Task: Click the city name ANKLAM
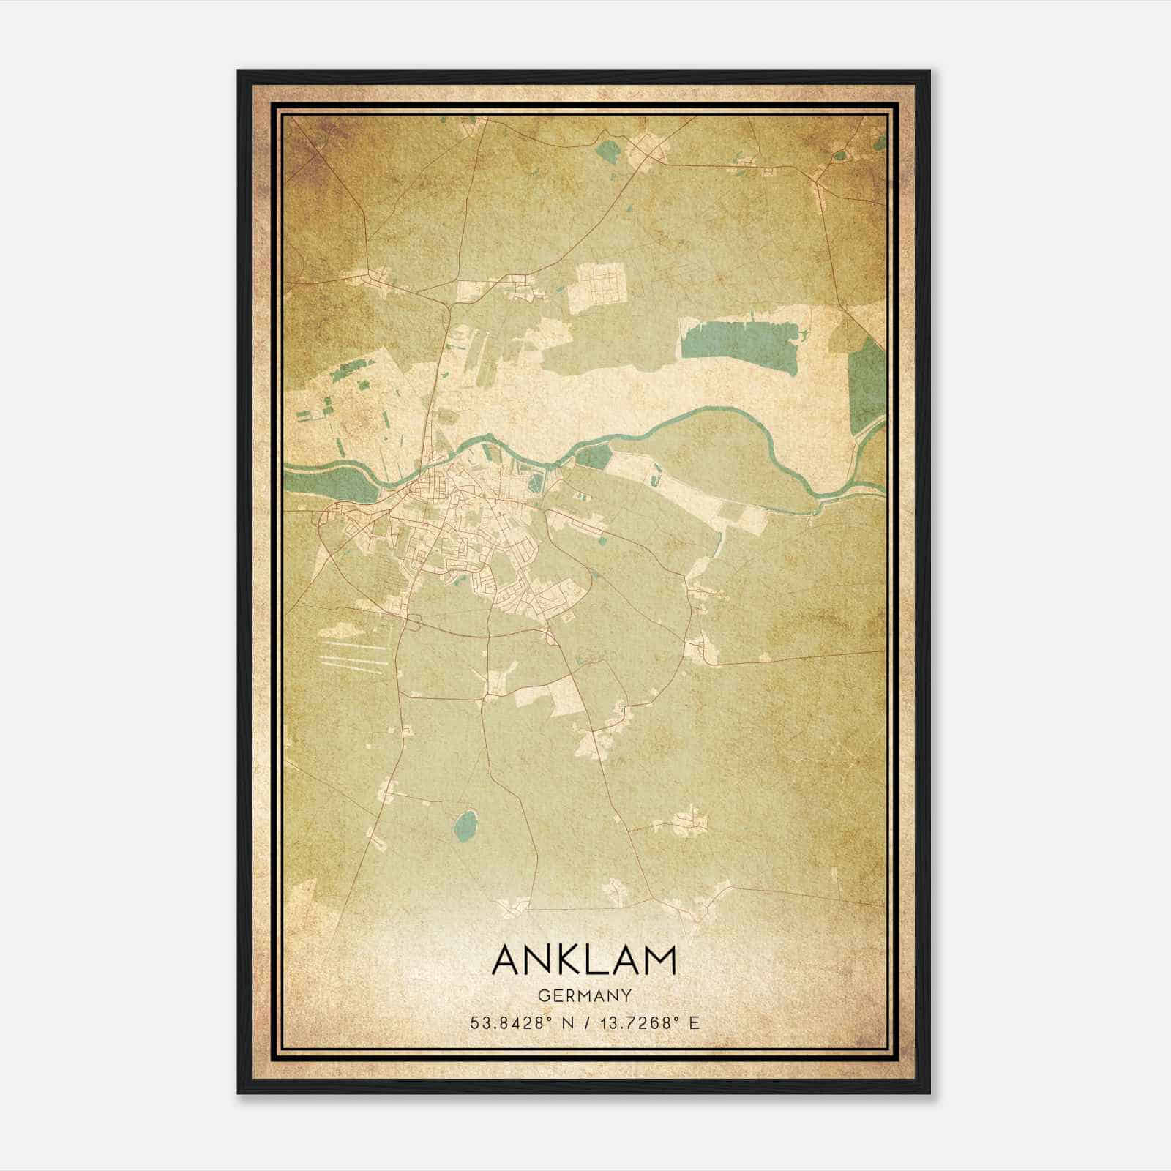coord(585,959)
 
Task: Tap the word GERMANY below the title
coord(585,995)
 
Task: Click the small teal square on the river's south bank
coord(594,457)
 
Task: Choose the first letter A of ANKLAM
coord(509,959)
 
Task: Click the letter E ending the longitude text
coord(695,1022)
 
